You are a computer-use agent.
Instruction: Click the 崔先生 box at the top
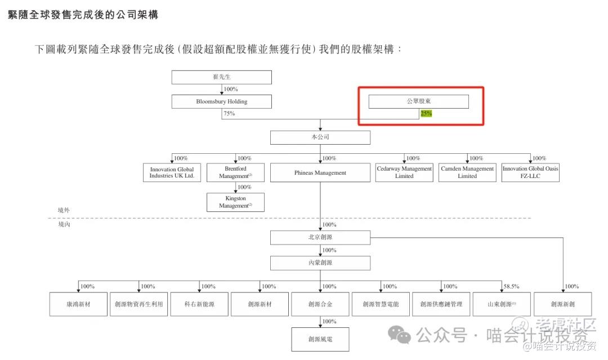click(x=221, y=77)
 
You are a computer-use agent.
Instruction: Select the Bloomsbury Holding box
click(x=221, y=101)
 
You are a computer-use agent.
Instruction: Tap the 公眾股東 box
click(x=418, y=101)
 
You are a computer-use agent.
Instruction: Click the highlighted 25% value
click(x=426, y=113)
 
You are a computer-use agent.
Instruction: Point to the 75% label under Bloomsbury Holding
click(x=229, y=113)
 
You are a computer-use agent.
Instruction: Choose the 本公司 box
click(x=320, y=137)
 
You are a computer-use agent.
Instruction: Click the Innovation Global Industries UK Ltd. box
click(x=172, y=172)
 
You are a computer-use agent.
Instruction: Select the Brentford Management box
click(x=235, y=172)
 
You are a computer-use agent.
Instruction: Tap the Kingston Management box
click(x=235, y=202)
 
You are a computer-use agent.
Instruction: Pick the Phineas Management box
click(x=320, y=172)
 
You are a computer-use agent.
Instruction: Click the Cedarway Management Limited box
click(x=404, y=172)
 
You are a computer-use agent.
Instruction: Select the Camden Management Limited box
click(x=467, y=172)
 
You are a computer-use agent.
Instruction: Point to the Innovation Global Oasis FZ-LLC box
click(x=530, y=172)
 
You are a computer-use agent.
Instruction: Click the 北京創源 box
click(x=320, y=237)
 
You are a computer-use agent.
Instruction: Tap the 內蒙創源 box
click(x=320, y=263)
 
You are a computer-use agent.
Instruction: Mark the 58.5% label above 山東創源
click(x=511, y=286)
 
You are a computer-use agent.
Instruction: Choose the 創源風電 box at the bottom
click(x=320, y=339)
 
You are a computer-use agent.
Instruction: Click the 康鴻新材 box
click(x=78, y=304)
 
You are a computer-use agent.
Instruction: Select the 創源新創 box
click(x=563, y=304)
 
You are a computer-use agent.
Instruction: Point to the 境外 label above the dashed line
click(x=64, y=210)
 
